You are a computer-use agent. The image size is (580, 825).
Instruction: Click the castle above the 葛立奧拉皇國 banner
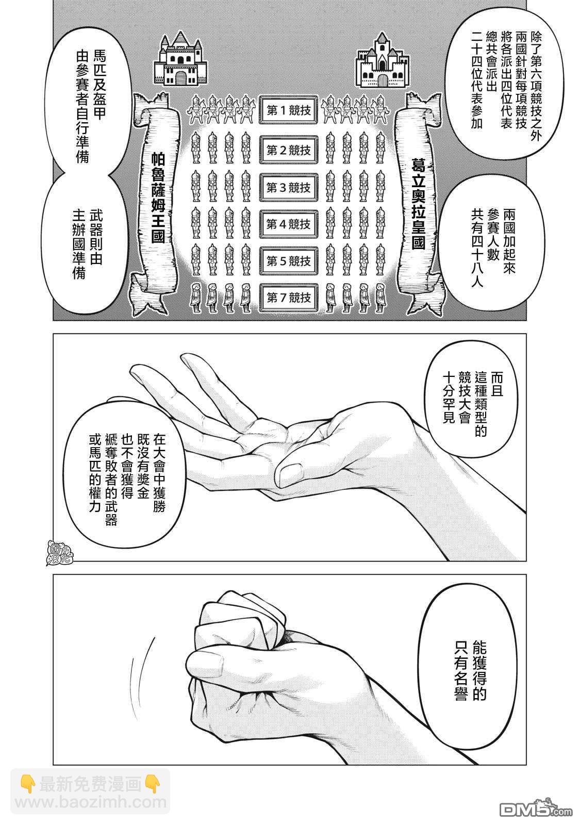(382, 61)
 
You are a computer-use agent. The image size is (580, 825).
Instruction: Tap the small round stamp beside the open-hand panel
(60, 552)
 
